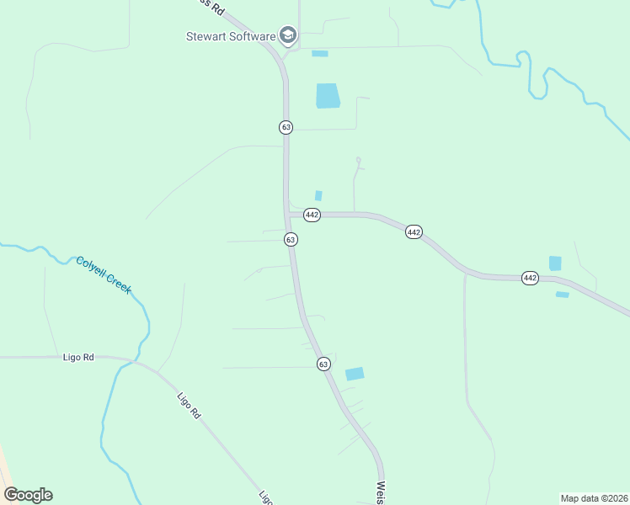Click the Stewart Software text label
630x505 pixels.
pyautogui.click(x=230, y=36)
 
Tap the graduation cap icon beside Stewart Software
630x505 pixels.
pyautogui.click(x=288, y=35)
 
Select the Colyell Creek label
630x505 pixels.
pyautogui.click(x=104, y=274)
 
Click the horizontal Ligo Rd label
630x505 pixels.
pyautogui.click(x=78, y=357)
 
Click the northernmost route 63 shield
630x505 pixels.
pyautogui.click(x=286, y=127)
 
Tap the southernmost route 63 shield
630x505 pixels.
pyautogui.click(x=323, y=364)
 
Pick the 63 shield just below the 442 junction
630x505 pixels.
pyautogui.click(x=291, y=240)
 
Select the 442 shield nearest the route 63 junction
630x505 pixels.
pyautogui.click(x=312, y=215)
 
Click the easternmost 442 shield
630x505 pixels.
pyautogui.click(x=529, y=278)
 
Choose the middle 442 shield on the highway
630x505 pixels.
pyautogui.click(x=413, y=231)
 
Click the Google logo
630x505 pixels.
pyautogui.click(x=29, y=495)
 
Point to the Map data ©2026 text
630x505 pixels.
pyautogui.click(x=594, y=497)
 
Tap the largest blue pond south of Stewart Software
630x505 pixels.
pyautogui.click(x=328, y=96)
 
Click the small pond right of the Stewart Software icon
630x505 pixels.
pyautogui.click(x=320, y=54)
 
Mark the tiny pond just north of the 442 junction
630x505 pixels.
pyautogui.click(x=318, y=195)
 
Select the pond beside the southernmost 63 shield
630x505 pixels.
pyautogui.click(x=355, y=374)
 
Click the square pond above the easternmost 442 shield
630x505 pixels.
pyautogui.click(x=555, y=263)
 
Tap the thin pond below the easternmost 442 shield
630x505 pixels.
pyautogui.click(x=562, y=295)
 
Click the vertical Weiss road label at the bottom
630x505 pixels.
pyautogui.click(x=382, y=492)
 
